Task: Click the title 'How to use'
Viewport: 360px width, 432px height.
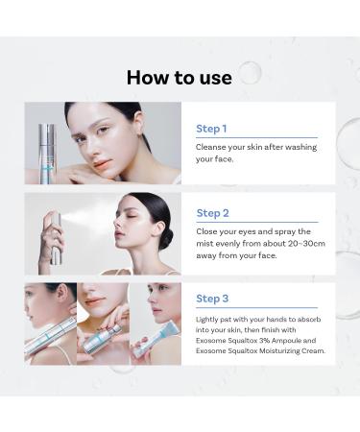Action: tap(179, 78)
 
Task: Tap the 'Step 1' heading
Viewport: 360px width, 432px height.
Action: tap(211, 128)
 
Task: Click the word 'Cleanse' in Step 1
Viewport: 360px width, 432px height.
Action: tap(211, 147)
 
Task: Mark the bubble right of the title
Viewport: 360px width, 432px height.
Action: tap(250, 73)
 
